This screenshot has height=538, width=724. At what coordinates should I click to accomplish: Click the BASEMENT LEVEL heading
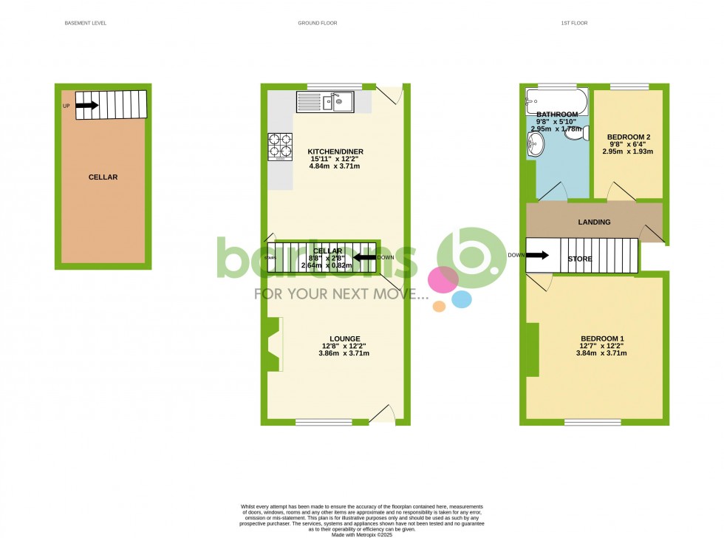point(86,23)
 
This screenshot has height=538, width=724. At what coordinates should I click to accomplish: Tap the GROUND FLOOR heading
point(318,23)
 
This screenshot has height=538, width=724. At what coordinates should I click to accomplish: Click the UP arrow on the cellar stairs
point(86,106)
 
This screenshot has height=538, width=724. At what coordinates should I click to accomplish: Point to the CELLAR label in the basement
point(103,177)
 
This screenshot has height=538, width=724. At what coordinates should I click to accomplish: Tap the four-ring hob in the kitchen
point(280,146)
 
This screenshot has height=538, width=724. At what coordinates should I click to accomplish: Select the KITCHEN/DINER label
point(335,152)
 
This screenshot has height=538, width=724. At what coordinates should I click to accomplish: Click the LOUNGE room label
point(344,338)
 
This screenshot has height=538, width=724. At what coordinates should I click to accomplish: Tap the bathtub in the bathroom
point(556,101)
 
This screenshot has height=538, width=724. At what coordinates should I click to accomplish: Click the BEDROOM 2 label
point(629,137)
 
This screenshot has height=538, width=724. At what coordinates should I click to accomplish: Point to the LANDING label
point(594,222)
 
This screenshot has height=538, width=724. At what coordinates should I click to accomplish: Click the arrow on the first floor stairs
point(537,256)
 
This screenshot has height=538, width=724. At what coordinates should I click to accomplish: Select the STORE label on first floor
point(580,259)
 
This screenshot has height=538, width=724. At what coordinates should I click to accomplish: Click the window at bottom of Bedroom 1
point(592,423)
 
